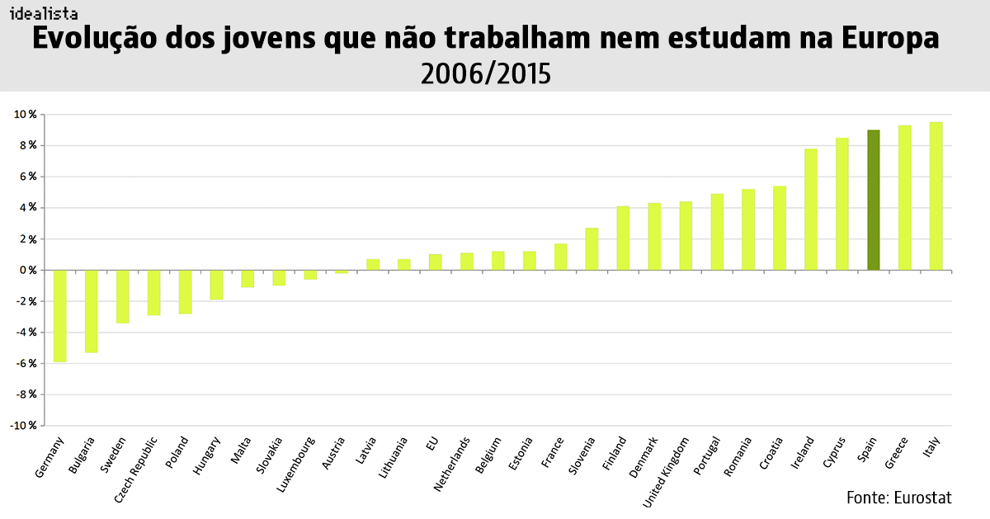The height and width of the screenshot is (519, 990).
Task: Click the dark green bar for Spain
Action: (x=873, y=200)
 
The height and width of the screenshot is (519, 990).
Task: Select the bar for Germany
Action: (x=59, y=315)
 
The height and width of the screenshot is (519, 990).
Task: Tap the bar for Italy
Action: (x=936, y=196)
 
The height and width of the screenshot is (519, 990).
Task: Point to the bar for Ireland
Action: (x=810, y=209)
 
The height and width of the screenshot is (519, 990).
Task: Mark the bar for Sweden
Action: (x=122, y=296)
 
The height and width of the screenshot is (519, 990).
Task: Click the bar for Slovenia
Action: (x=592, y=248)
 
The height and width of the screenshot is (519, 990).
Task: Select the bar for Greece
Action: (x=904, y=197)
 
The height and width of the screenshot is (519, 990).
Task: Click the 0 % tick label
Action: (x=27, y=270)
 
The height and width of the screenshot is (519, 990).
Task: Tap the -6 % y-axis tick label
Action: (x=26, y=363)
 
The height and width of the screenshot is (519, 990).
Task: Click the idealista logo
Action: (x=43, y=13)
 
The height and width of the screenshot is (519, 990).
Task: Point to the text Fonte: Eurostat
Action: (x=898, y=498)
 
